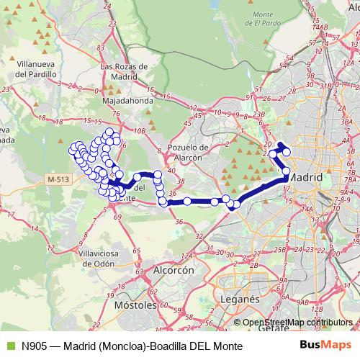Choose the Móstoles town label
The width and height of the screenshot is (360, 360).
135,305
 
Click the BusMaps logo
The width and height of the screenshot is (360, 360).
325,346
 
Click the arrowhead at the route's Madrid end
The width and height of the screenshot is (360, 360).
281,145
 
